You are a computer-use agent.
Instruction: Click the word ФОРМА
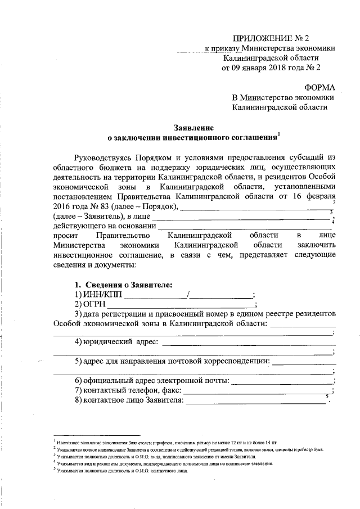point(319,88)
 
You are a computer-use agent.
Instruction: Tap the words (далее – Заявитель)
point(84,216)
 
